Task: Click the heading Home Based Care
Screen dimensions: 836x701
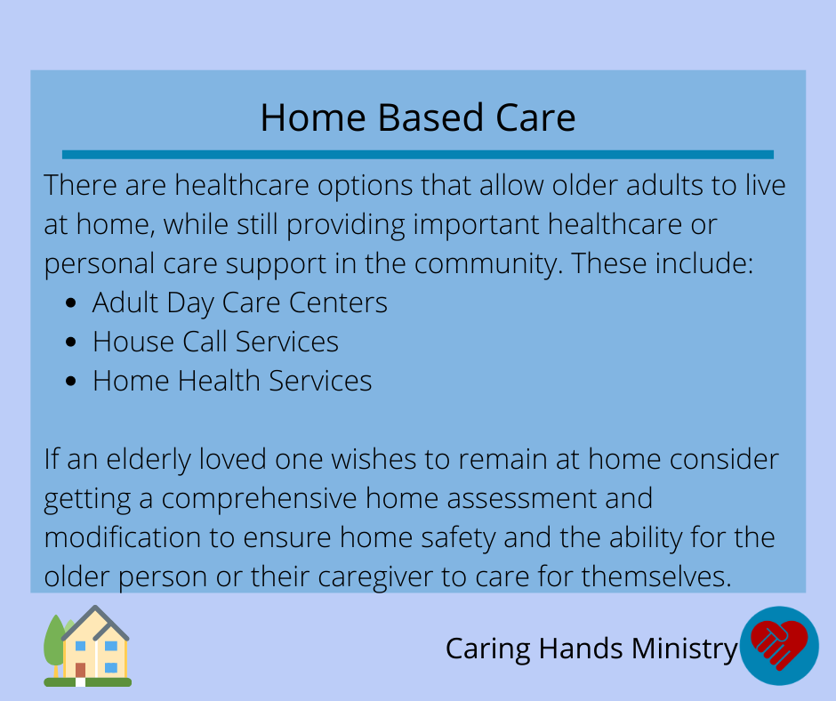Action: pos(418,117)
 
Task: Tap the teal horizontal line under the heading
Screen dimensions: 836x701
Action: pos(418,155)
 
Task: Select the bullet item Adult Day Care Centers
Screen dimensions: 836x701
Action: pos(239,303)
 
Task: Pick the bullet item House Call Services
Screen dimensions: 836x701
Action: pos(215,342)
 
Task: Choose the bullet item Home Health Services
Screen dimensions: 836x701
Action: pos(232,381)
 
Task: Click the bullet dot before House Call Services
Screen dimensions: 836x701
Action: pos(71,342)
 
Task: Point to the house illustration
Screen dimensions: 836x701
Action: pos(87,646)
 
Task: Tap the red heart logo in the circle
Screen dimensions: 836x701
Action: pos(779,643)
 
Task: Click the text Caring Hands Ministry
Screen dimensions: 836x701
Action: pos(591,649)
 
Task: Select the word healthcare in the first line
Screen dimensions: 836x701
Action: pos(242,186)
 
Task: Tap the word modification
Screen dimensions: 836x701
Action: pos(122,536)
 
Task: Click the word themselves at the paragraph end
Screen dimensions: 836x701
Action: pos(657,576)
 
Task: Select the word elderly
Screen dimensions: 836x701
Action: pos(149,460)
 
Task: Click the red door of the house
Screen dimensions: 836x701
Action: pos(81,670)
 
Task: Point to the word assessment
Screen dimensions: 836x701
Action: pos(521,499)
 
